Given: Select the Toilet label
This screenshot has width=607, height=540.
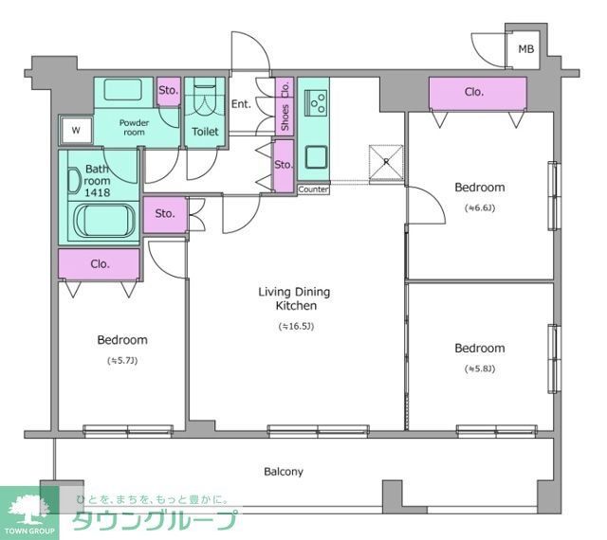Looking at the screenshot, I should [x=206, y=132].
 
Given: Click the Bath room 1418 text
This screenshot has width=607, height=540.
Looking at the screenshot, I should [x=98, y=181].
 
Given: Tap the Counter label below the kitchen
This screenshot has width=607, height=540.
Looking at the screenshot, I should [x=313, y=189].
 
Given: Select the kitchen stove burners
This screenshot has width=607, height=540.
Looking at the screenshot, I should [x=316, y=99].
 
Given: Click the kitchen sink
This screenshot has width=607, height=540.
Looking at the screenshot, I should [x=315, y=155].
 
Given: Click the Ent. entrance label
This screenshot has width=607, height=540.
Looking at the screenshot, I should [x=241, y=103].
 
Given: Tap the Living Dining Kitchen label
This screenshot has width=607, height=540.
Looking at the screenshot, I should [x=295, y=298].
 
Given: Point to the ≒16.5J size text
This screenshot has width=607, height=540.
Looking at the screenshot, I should [x=296, y=326].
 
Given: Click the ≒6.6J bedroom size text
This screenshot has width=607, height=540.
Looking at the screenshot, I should [x=478, y=207].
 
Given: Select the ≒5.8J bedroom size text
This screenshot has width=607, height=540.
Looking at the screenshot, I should [x=478, y=369].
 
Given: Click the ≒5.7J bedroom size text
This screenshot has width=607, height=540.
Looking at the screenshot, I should [x=121, y=361].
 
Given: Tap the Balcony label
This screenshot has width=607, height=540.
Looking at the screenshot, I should [x=283, y=471].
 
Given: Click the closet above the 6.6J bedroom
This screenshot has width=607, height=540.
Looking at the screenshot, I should [x=476, y=93].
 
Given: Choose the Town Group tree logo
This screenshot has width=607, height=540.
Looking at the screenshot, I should [x=28, y=509].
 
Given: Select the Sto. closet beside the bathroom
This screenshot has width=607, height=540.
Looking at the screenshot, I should [x=165, y=213].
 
